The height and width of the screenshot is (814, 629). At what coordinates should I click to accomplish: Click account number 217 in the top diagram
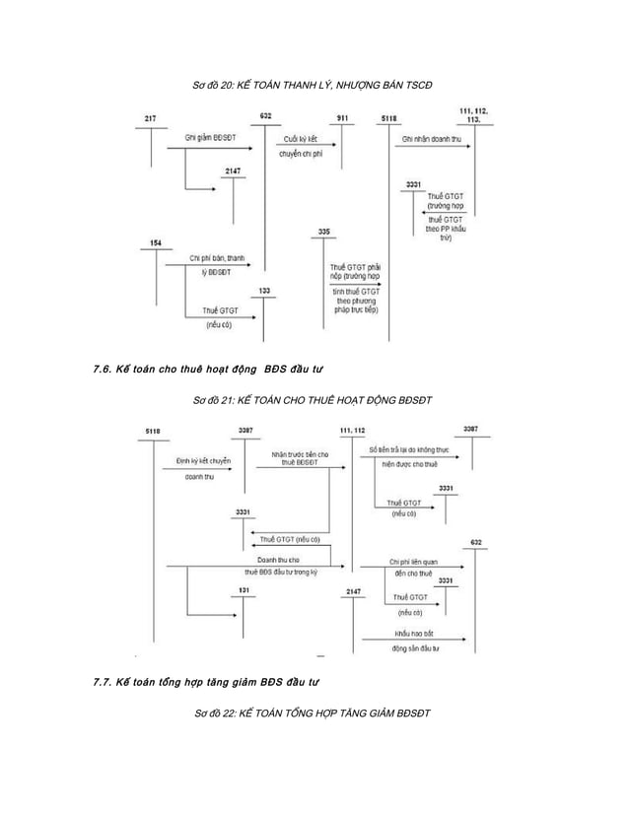point(149,118)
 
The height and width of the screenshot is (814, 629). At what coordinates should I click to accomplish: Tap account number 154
point(156,242)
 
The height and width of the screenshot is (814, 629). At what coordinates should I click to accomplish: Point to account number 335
point(324,231)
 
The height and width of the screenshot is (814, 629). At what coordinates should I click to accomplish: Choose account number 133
point(265,291)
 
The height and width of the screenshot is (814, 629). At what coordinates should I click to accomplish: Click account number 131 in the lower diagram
point(243,590)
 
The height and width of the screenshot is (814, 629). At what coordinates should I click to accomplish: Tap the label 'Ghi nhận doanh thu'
point(432,139)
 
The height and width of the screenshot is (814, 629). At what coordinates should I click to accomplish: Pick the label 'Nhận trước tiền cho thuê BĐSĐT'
point(301,457)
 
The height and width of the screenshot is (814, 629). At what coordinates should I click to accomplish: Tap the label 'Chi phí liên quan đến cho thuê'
point(412,567)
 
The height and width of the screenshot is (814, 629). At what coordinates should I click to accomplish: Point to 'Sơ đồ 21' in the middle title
point(214,401)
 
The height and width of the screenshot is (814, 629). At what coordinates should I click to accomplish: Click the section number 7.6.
point(99,370)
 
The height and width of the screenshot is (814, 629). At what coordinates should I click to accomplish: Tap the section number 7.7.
point(99,681)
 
